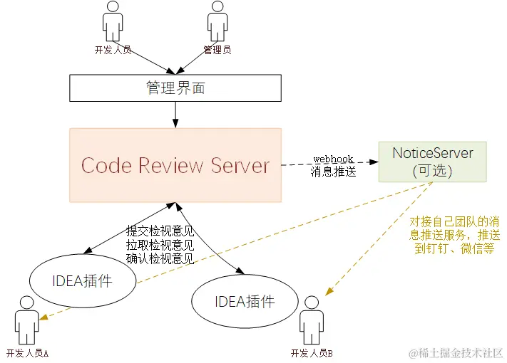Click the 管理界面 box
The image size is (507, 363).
coord(175,88)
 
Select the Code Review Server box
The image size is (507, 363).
coord(175,165)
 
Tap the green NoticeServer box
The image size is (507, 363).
coord(433,161)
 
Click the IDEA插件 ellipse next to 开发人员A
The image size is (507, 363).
coord(83,281)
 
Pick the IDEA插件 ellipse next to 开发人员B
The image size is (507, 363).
coord(244,300)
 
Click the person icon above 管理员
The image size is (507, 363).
coord(217,22)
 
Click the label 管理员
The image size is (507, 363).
coord(217,51)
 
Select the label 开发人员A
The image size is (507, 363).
coord(27,353)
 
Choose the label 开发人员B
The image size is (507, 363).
coord(312,353)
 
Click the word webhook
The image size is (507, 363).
coord(334,158)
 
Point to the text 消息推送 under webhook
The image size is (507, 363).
coord(333,172)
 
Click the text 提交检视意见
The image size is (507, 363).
coord(160,231)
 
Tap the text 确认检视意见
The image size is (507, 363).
coord(160,258)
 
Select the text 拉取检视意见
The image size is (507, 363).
coord(160,244)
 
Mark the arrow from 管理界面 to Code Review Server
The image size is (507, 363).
coord(175,114)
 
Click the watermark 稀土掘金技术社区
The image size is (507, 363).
coord(460,352)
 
